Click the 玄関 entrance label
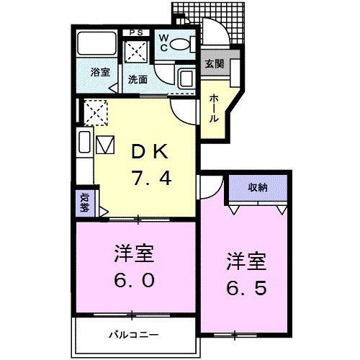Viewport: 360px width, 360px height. coord(213,63)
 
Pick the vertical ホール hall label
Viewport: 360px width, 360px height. coord(214,108)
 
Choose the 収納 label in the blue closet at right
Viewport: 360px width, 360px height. coord(258,187)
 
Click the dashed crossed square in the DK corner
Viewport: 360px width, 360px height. coord(96,112)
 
